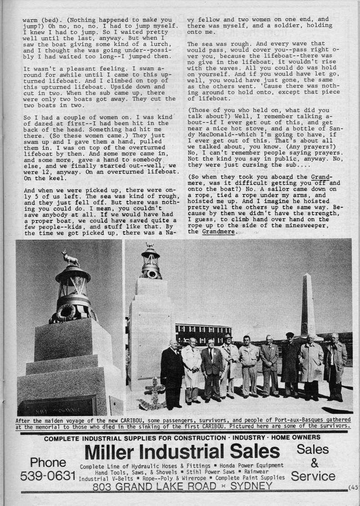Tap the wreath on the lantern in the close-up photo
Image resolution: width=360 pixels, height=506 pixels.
(66, 312)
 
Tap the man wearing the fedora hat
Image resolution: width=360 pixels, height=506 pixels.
(229, 364)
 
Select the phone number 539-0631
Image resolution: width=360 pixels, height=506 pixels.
(47, 476)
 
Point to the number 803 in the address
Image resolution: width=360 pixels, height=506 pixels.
(103, 487)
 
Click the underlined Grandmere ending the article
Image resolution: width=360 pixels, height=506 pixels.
(218, 232)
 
